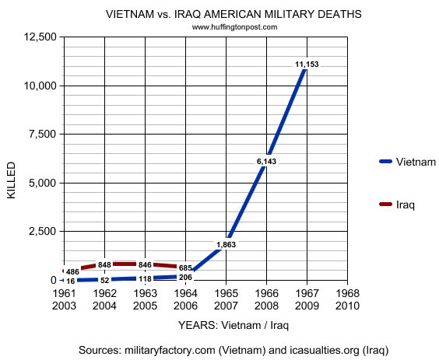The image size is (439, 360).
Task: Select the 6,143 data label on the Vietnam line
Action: (266, 161)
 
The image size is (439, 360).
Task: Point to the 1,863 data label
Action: (226, 245)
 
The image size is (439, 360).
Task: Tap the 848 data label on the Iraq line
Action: (105, 264)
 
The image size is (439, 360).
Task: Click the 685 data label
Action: (184, 268)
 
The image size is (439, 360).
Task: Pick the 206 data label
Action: (184, 278)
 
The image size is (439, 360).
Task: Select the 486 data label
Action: (72, 271)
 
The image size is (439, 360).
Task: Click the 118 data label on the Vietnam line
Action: (146, 278)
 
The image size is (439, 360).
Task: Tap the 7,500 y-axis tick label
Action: (40, 135)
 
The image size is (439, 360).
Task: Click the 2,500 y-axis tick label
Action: (40, 232)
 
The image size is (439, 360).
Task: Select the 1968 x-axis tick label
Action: (347, 293)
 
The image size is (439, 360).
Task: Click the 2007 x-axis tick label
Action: (226, 305)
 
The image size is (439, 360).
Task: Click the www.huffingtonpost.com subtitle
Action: (234, 26)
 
